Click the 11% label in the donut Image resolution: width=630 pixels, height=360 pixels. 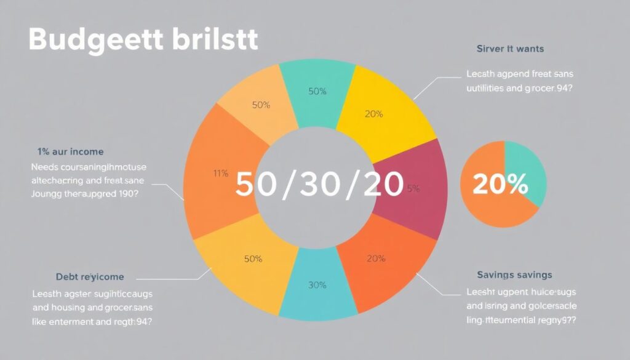coord(220,174)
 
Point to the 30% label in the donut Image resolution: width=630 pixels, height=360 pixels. coord(317,285)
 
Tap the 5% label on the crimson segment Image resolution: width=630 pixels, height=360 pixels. coord(413,189)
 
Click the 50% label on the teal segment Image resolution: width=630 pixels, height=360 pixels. coord(317,92)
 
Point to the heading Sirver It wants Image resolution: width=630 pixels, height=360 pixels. coord(510,48)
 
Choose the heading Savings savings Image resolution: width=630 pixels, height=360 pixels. coord(514,274)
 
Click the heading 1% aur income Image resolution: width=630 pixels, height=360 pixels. coord(67,151)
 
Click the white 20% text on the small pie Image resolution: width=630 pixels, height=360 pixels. coord(500,183)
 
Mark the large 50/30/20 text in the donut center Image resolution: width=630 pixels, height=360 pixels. coord(319,184)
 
